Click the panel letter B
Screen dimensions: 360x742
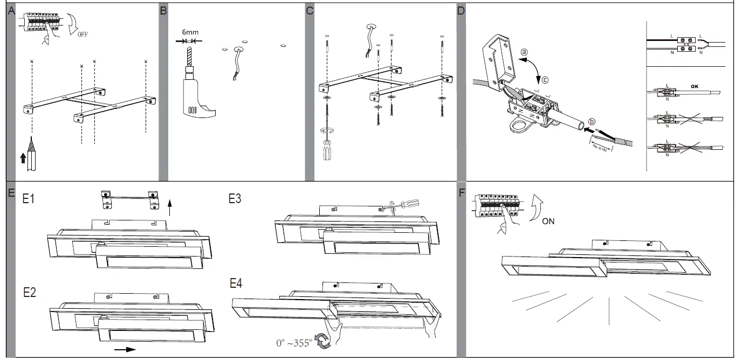click(164, 11)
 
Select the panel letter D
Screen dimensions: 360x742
click(461, 11)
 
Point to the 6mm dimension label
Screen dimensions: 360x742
click(190, 32)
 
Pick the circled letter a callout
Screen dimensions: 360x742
click(524, 53)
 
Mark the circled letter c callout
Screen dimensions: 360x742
click(545, 80)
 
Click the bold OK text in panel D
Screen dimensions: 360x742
click(694, 85)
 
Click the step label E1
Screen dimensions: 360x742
click(29, 199)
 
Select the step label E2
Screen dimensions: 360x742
click(29, 293)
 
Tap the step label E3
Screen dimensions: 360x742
click(235, 199)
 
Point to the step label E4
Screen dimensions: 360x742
click(236, 283)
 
